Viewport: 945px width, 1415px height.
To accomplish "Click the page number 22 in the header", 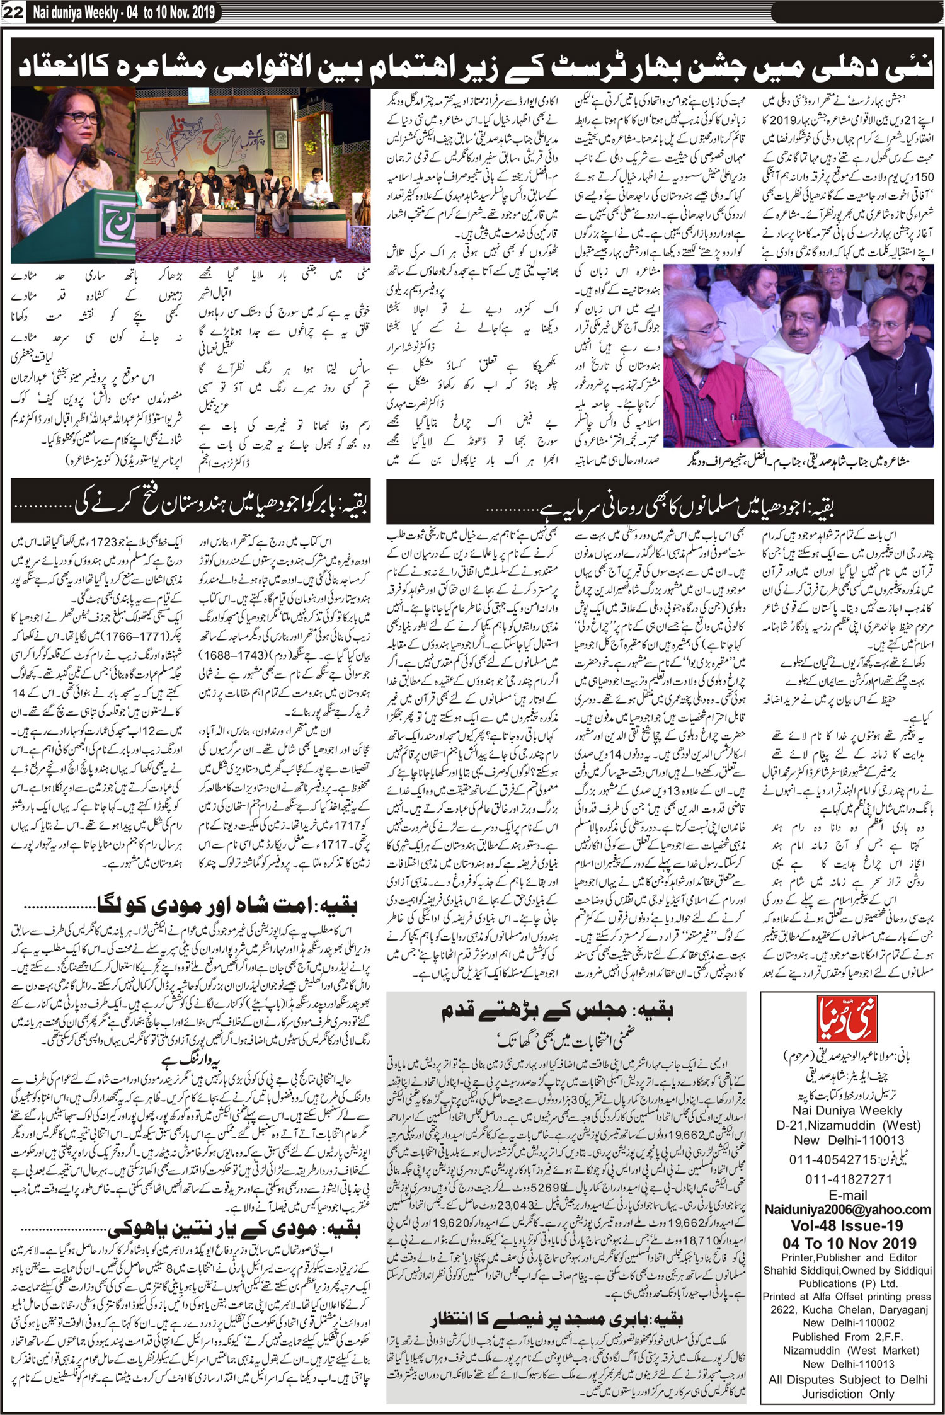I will click(13, 12).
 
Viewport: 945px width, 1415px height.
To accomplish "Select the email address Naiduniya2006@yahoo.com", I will click(847, 1209).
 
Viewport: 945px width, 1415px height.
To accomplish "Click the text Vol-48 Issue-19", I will click(847, 1225).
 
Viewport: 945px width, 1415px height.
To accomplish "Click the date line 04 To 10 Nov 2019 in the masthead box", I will click(847, 1243).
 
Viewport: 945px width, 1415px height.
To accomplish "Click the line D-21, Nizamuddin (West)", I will click(847, 1126).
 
